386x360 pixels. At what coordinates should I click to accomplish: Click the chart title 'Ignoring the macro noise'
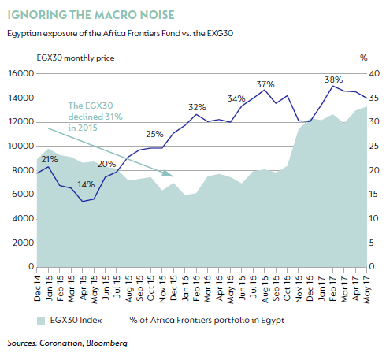coord(91,15)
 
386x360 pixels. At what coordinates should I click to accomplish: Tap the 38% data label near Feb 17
coord(333,80)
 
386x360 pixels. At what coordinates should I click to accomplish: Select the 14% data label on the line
coord(86,184)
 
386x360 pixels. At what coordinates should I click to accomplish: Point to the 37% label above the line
coord(265,84)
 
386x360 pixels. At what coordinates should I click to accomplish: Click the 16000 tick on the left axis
coord(21,73)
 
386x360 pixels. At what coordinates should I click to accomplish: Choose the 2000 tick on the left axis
coord(23,243)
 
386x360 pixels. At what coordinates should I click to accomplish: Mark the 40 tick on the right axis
coord(374,73)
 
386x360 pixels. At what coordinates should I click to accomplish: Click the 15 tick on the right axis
coord(373,195)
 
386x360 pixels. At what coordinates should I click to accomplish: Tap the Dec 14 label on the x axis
coord(37,288)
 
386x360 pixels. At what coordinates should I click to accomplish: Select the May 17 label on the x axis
coord(367,289)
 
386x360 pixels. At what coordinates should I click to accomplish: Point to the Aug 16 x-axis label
coord(265,289)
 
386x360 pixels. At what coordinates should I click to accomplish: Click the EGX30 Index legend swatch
coord(41,321)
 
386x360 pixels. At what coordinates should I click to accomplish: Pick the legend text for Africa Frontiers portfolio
coord(206,320)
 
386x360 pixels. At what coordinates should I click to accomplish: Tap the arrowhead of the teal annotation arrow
coord(169,173)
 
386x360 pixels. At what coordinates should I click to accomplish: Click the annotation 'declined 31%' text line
coord(95,117)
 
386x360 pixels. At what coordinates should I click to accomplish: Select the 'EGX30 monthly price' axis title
coord(76,58)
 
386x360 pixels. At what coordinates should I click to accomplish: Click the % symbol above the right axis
coord(363,58)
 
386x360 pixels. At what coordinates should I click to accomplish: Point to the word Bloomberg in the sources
coord(106,343)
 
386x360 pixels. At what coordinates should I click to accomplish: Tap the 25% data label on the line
coord(154,134)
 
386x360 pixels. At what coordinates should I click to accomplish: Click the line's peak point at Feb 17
coord(332,86)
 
